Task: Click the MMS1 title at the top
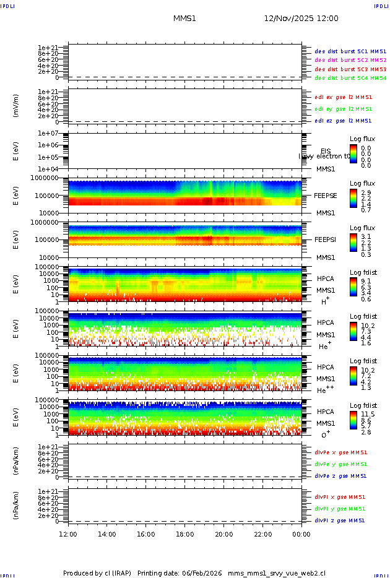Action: click(184, 19)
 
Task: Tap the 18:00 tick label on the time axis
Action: click(185, 534)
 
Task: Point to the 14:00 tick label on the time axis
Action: click(107, 534)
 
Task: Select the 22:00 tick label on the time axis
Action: click(262, 534)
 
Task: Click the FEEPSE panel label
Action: click(326, 196)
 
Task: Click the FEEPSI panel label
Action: click(326, 239)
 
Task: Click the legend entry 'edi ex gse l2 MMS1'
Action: click(344, 97)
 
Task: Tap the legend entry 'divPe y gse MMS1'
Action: click(341, 464)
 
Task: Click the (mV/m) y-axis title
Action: click(16, 106)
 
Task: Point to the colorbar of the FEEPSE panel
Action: click(353, 197)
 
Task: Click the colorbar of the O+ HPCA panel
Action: click(353, 423)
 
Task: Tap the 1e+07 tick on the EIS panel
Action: click(48, 134)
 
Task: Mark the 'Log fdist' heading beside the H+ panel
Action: click(363, 273)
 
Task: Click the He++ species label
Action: click(326, 390)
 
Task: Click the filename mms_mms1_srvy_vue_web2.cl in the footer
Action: click(277, 573)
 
